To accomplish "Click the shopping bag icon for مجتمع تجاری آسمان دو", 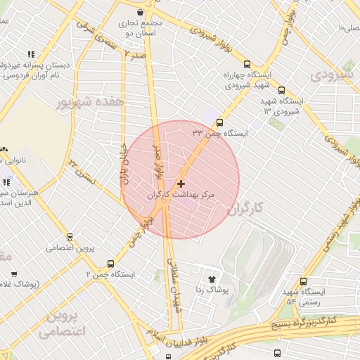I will (x=141, y=12).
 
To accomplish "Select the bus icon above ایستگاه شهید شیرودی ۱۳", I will (x=282, y=90).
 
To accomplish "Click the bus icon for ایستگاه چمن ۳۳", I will (x=219, y=122).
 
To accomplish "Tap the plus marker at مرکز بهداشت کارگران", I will (x=181, y=183).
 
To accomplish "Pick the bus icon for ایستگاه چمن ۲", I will (x=137, y=264).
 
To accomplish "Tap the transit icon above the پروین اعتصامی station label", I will (x=69, y=237).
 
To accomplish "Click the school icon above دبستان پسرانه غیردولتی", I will (x=30, y=53).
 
